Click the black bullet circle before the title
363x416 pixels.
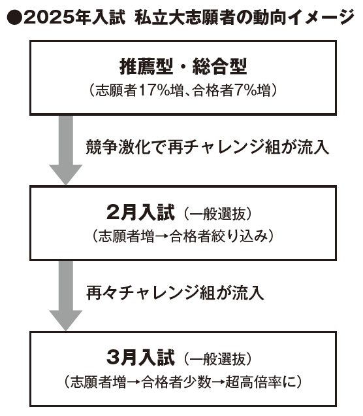(14, 18)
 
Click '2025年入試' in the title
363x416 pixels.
(74, 18)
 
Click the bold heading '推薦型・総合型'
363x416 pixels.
(183, 66)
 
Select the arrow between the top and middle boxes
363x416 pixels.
(66, 150)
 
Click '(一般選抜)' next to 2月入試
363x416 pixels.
(217, 213)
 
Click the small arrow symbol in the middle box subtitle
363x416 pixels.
(162, 236)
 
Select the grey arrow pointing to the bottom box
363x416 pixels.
(66, 296)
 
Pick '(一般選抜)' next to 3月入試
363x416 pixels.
(217, 358)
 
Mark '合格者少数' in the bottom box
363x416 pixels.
(176, 382)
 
